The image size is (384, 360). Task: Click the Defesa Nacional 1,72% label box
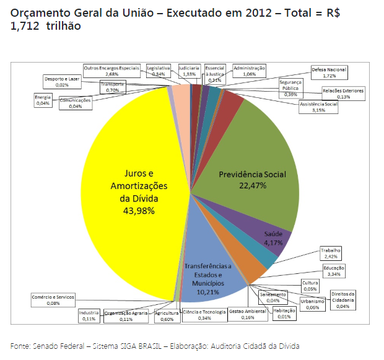coord(329,73)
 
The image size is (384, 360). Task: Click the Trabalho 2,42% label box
coord(331,253)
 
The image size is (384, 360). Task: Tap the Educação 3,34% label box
coord(333,270)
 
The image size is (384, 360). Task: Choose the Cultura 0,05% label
coord(310,286)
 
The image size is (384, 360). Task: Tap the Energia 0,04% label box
coord(43,100)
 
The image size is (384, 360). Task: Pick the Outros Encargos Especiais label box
coord(111,70)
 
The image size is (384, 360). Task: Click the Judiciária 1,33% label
coord(189,70)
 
